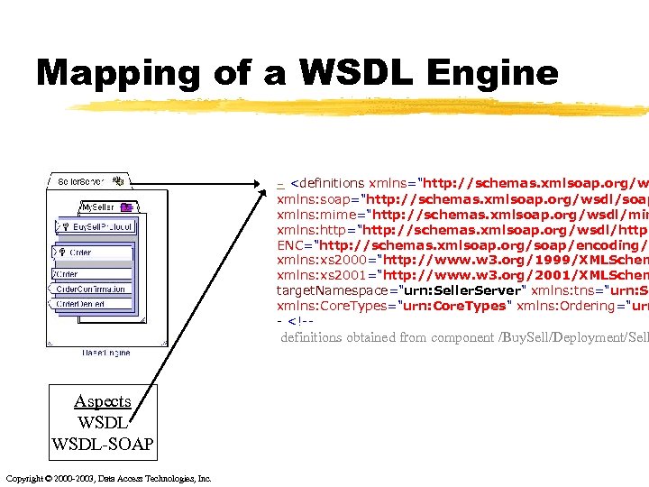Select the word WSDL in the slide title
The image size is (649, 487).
tap(333, 72)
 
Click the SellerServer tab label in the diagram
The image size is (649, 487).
tap(80, 181)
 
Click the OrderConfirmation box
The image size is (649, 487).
tap(90, 289)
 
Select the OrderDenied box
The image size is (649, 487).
tap(81, 304)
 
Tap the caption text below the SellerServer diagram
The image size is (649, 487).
tap(105, 353)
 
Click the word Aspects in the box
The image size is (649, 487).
tap(103, 401)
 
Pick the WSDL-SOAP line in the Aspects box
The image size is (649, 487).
tap(103, 444)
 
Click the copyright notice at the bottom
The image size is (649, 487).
tap(108, 478)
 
